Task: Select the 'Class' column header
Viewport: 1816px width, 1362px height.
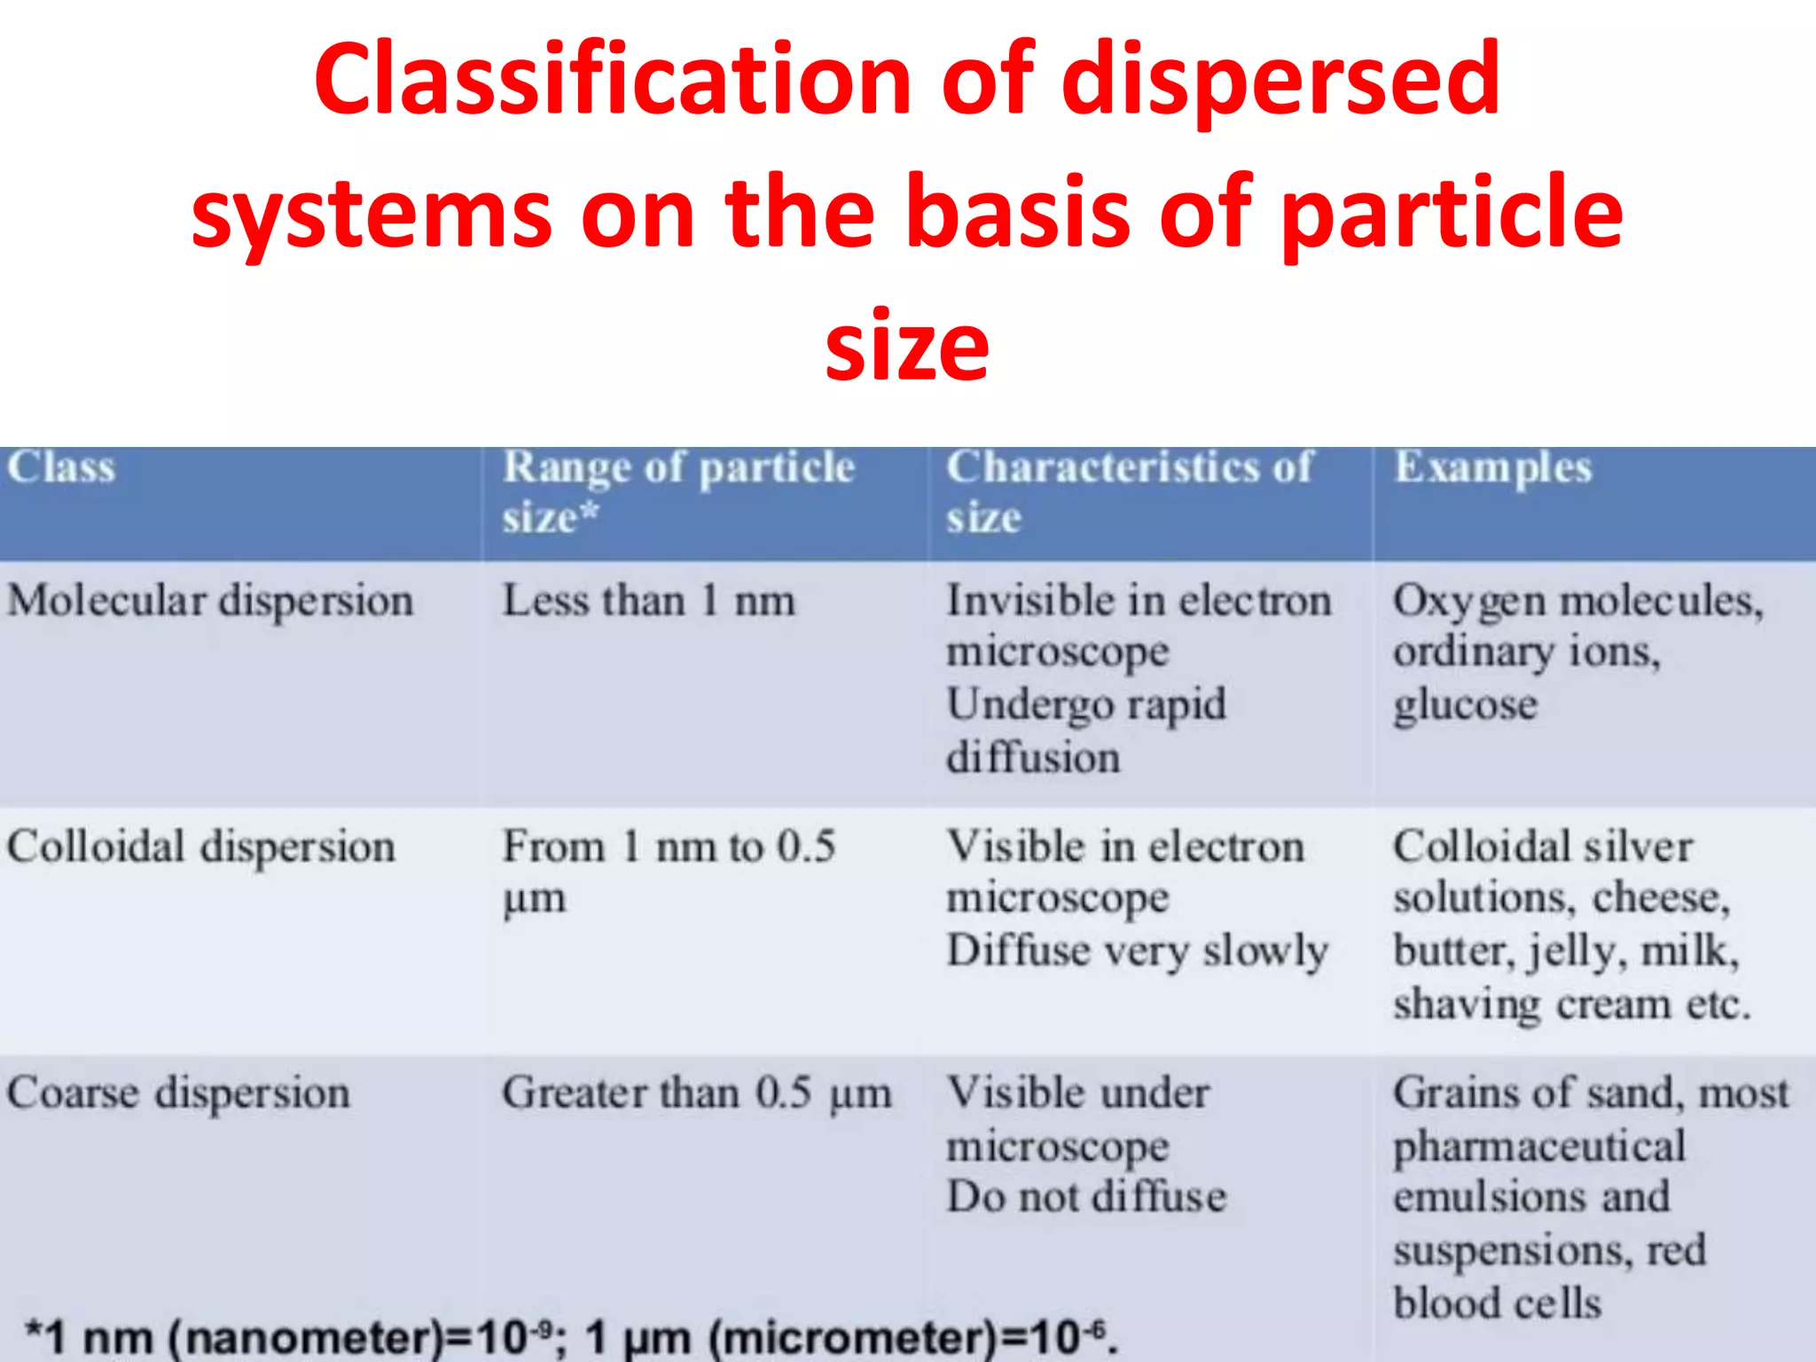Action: pyautogui.click(x=61, y=467)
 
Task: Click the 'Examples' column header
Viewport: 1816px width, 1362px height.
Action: pyautogui.click(x=1493, y=467)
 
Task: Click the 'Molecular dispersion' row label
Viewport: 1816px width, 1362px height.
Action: pyautogui.click(x=210, y=601)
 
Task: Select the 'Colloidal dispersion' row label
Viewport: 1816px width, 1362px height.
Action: pyautogui.click(x=201, y=847)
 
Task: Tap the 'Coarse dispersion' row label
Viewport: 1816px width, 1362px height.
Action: pyautogui.click(x=178, y=1093)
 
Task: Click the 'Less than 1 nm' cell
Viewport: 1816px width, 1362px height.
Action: pyautogui.click(x=648, y=601)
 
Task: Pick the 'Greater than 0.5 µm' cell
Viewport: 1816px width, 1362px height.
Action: pyautogui.click(x=697, y=1093)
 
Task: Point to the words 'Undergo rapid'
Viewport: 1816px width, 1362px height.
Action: pyautogui.click(x=1086, y=706)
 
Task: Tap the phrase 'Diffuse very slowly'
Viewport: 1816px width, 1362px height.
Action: pyautogui.click(x=1138, y=951)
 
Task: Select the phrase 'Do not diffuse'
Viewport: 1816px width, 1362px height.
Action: pyautogui.click(x=1086, y=1197)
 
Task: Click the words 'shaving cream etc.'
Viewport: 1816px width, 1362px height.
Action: pyautogui.click(x=1571, y=1005)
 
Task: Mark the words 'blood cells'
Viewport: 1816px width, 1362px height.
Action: pyautogui.click(x=1497, y=1303)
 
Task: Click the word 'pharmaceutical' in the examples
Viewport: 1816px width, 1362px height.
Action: pyautogui.click(x=1539, y=1146)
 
